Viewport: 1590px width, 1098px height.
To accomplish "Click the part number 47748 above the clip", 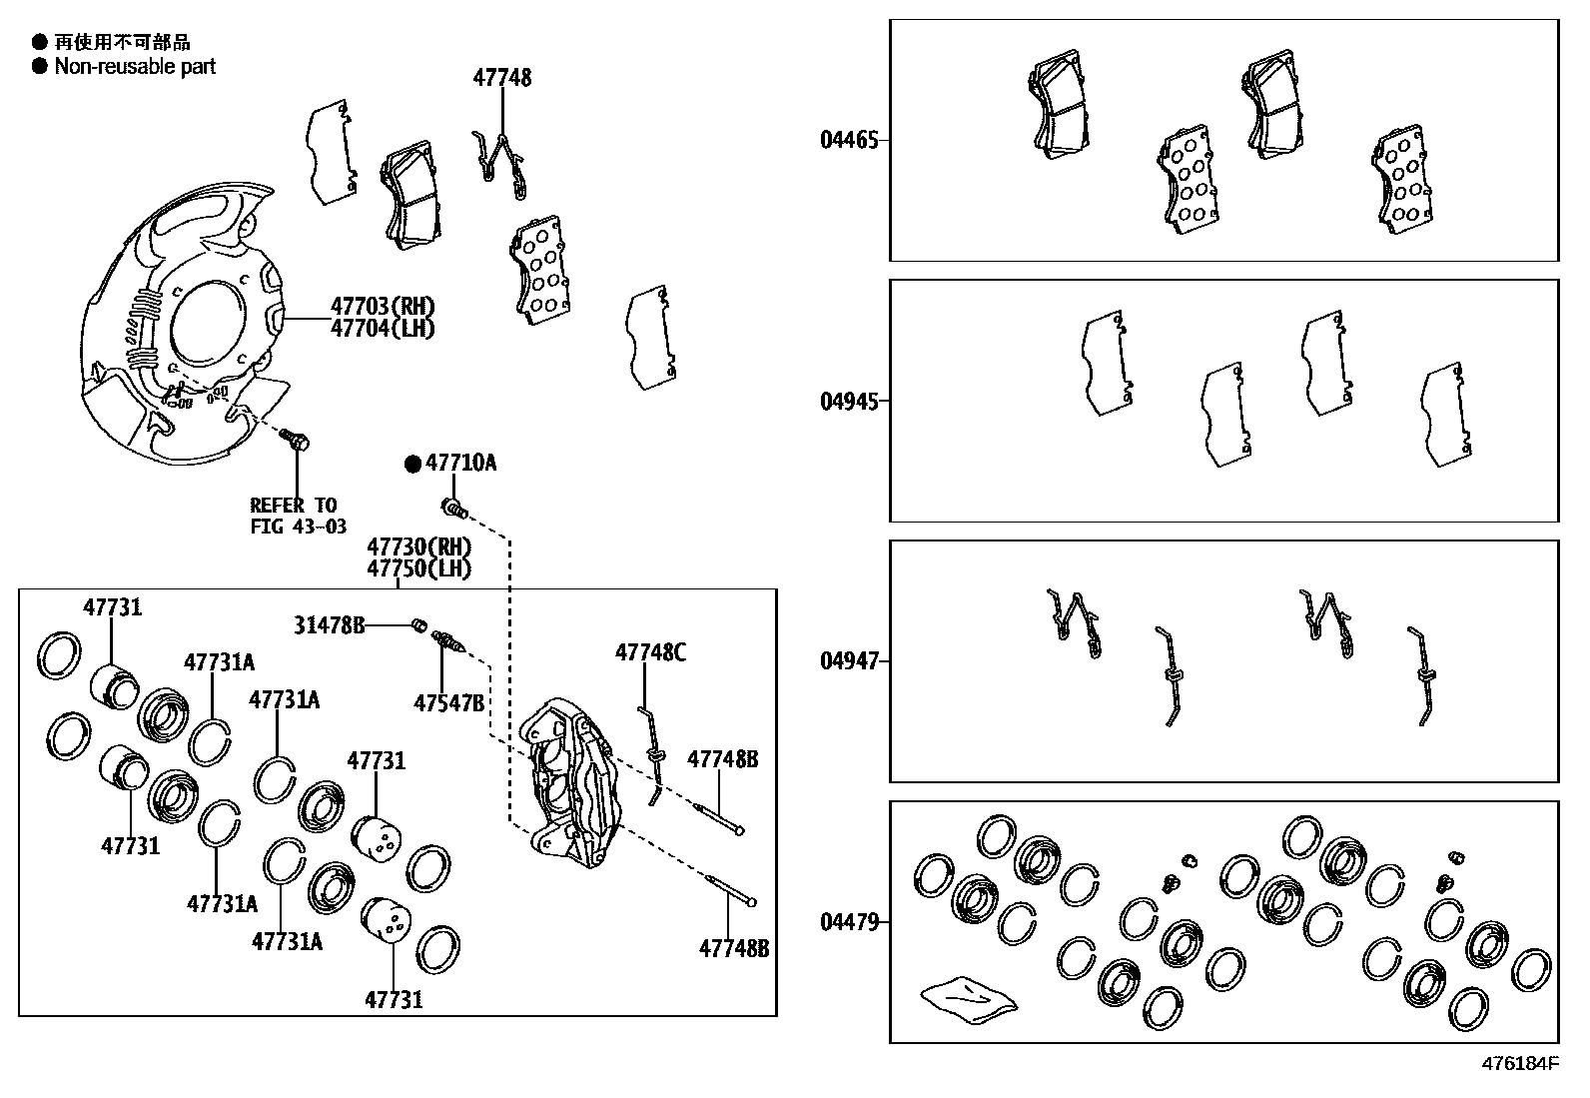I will [x=502, y=78].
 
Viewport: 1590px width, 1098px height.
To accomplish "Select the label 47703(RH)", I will [x=383, y=307].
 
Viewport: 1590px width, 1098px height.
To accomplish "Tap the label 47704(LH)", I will [x=383, y=328].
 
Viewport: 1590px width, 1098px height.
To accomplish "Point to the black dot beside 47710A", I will [x=412, y=464].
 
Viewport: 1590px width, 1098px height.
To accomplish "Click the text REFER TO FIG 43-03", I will [x=298, y=516].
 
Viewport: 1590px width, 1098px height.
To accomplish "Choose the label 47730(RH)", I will [x=418, y=547].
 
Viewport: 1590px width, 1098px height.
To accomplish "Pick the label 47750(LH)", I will [x=418, y=568].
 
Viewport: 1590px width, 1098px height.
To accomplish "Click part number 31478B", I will [x=329, y=625].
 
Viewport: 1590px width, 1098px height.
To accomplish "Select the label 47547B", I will [x=448, y=703].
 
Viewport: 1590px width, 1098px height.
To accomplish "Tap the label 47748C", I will [x=650, y=652].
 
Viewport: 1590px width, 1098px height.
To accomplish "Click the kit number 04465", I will [x=849, y=140].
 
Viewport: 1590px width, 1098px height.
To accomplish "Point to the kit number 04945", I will [x=849, y=401].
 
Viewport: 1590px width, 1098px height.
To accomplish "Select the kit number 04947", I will [x=849, y=660].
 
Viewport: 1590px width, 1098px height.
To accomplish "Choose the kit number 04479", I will [x=849, y=921].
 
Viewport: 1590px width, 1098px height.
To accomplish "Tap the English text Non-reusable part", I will [x=135, y=67].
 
